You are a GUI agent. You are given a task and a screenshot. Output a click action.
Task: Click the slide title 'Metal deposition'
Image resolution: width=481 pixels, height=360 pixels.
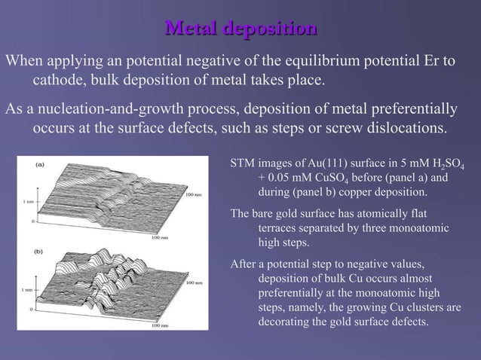point(240,29)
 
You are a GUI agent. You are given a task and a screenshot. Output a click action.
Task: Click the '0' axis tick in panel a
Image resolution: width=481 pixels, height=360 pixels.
point(32,222)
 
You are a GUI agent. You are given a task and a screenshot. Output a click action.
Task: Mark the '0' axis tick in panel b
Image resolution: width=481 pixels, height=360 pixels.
point(32,309)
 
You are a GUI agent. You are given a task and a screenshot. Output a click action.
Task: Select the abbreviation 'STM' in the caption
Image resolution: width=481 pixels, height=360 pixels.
point(241,164)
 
